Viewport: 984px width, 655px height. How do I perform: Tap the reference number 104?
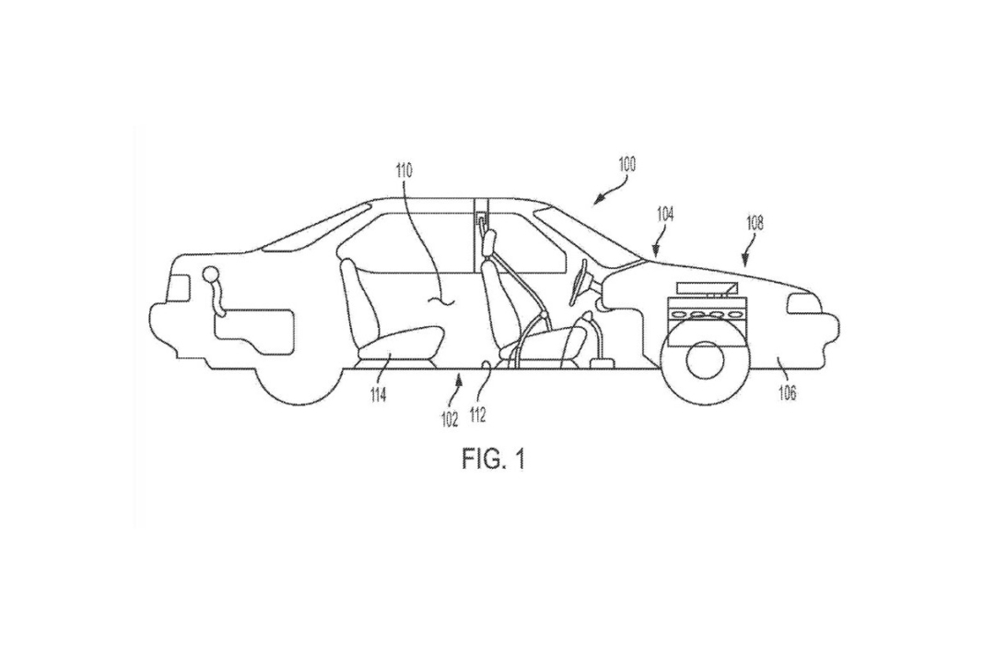point(665,214)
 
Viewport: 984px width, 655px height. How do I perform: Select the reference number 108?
point(754,222)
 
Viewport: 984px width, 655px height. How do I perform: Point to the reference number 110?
point(404,170)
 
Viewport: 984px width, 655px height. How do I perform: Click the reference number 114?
point(379,395)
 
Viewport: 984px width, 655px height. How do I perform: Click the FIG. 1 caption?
point(493,458)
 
